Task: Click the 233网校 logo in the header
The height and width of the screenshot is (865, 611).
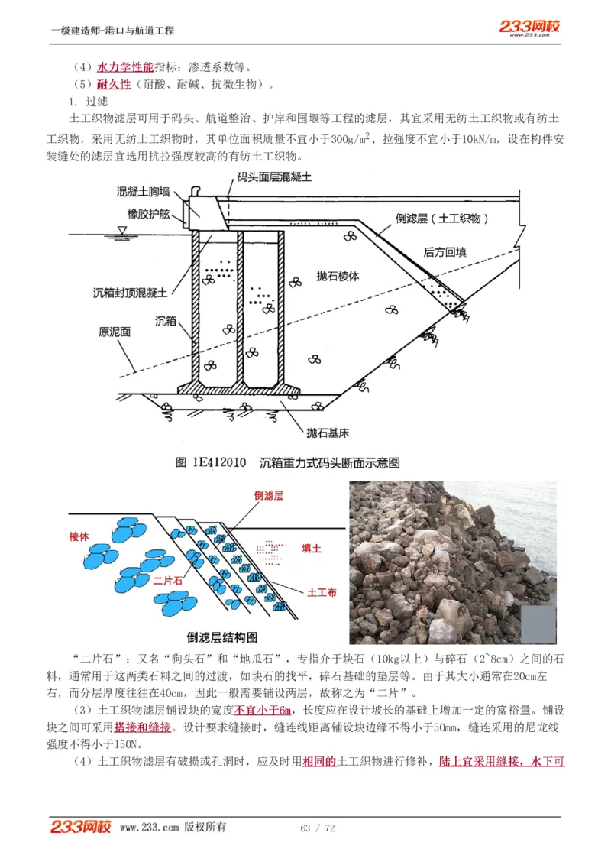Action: [x=530, y=28]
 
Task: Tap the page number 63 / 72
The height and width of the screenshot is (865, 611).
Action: [x=318, y=828]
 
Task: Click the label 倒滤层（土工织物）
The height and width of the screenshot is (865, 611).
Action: [x=442, y=218]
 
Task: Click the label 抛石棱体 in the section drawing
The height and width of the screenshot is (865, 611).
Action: [x=338, y=277]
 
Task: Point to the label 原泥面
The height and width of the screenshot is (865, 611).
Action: [x=115, y=332]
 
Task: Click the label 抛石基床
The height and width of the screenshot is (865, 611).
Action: [x=328, y=432]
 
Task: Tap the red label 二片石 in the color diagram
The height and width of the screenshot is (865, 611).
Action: [x=168, y=581]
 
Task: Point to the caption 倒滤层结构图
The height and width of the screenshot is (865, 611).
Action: [x=221, y=637]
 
